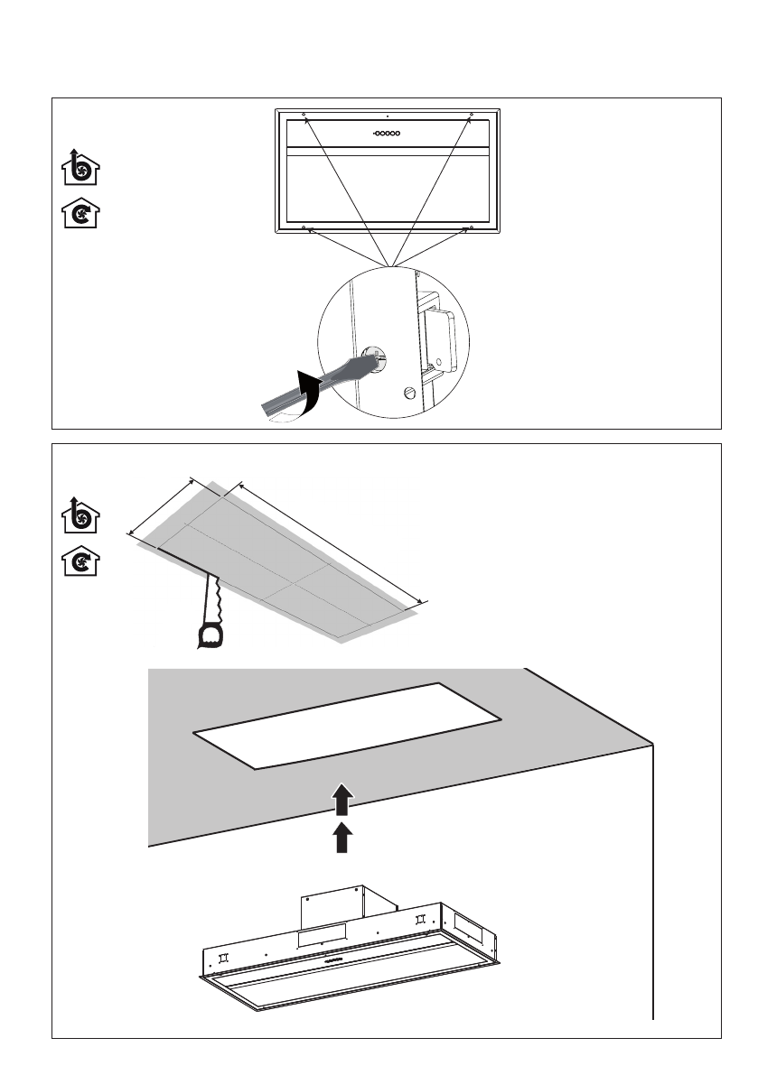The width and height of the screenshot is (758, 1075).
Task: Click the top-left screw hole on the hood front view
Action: [x=304, y=116]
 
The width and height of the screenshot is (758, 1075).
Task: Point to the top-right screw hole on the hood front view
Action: [x=471, y=116]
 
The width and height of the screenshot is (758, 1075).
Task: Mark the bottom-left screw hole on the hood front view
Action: [x=304, y=228]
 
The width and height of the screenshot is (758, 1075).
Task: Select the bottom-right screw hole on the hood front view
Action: [x=471, y=228]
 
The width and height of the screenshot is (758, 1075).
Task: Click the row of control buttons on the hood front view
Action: [x=388, y=133]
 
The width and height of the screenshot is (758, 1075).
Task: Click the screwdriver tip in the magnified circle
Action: [x=373, y=360]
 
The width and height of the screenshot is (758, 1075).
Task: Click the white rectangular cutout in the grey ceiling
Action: [x=348, y=725]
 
